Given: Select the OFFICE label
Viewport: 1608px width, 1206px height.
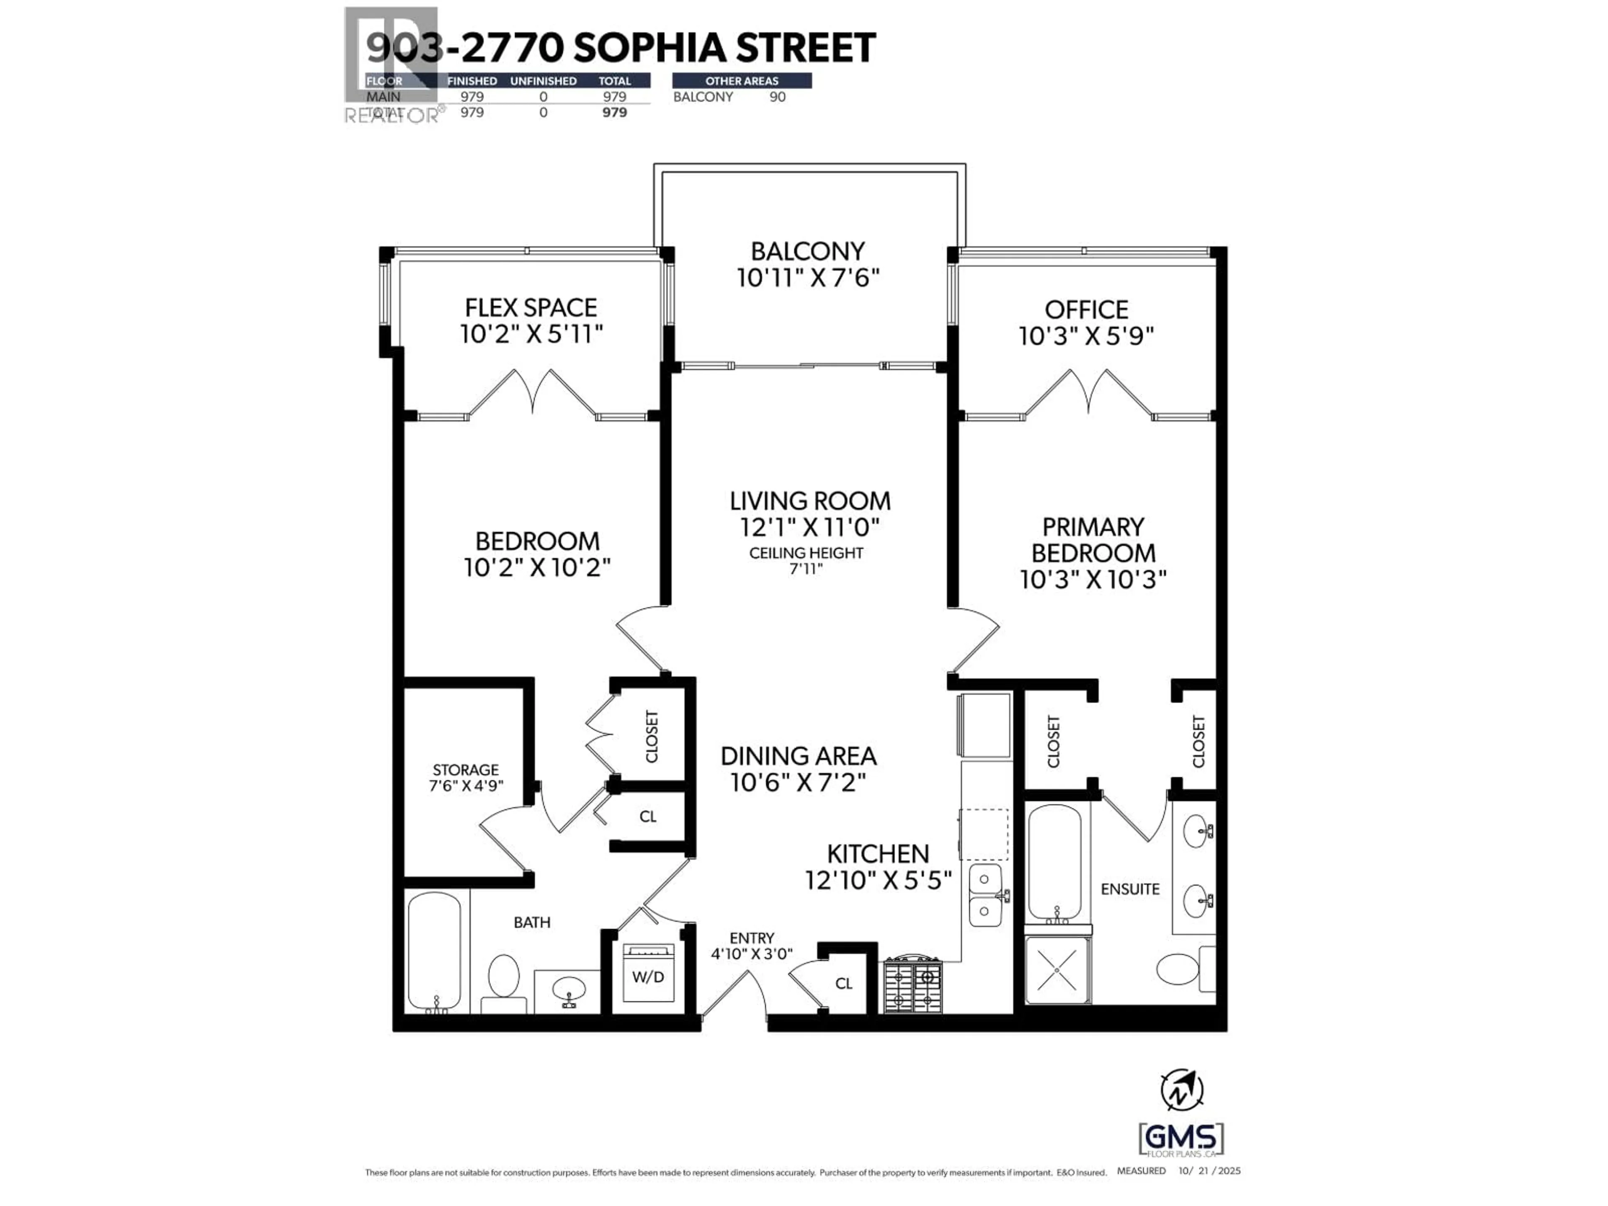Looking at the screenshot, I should pyautogui.click(x=1086, y=310).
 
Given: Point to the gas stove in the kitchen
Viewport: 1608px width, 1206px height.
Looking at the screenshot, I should pyautogui.click(x=912, y=985).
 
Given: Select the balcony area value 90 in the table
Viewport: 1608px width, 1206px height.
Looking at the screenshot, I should pyautogui.click(x=777, y=97).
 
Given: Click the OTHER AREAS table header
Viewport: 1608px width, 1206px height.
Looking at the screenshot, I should pyautogui.click(x=742, y=81).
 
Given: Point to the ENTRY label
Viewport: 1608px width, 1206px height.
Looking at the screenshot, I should pyautogui.click(x=752, y=938).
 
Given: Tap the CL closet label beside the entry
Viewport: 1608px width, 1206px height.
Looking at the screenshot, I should pyautogui.click(x=843, y=984).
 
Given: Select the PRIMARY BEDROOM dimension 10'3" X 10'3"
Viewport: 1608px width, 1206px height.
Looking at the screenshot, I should pyautogui.click(x=1093, y=580).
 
